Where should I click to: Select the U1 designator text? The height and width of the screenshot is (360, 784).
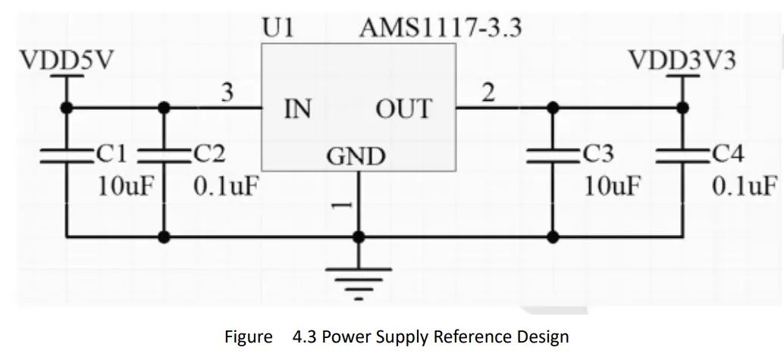278,28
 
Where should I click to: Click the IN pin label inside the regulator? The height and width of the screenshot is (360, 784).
297,109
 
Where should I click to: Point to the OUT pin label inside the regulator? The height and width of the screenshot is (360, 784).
403,109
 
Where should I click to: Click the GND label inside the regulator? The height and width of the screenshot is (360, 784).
356,157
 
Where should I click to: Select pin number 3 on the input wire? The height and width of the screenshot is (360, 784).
227,94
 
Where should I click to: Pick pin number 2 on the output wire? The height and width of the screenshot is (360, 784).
488,94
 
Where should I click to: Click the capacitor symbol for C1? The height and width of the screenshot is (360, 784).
66,156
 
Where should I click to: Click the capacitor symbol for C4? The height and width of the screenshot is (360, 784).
682,156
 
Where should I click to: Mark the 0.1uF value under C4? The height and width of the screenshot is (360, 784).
744,186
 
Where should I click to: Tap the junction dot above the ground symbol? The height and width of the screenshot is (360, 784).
358,236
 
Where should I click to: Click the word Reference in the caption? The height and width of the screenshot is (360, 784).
463,337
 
